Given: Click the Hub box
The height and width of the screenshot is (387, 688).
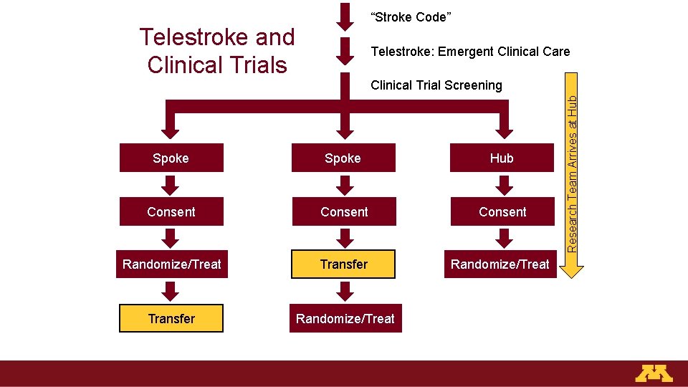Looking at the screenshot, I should pos(502,158).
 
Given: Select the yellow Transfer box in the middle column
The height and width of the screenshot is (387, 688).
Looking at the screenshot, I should pos(344,264).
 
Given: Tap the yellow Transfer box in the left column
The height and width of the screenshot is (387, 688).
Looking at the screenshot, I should pos(171,319).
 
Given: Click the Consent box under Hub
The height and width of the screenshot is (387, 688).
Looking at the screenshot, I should pos(502,212).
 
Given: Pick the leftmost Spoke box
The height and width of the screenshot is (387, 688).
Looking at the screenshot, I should pos(171,158).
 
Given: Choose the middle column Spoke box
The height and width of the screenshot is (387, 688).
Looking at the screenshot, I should pos(343,158).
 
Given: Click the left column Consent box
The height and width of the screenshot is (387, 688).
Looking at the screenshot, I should pos(171,212).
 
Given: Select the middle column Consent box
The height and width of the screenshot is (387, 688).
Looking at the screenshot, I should pos(344,212).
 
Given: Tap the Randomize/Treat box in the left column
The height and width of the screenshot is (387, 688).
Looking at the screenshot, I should pos(172,264).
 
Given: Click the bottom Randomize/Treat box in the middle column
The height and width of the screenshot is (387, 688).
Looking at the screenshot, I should pos(345,319).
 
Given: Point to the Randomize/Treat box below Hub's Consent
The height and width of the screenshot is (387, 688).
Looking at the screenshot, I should pos(500,264).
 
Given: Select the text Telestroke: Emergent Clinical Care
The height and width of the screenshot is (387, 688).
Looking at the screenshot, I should pos(470,51).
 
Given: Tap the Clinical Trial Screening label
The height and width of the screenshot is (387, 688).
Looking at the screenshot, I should pos(436,85).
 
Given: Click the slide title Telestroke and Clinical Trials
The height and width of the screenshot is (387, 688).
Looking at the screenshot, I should pos(217,50).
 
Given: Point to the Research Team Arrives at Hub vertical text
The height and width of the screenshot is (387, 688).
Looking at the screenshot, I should pos(573,172).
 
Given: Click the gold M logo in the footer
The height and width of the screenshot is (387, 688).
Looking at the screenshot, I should pos(654,373).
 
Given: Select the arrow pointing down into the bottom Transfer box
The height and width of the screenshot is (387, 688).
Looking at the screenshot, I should pos(171,291).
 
